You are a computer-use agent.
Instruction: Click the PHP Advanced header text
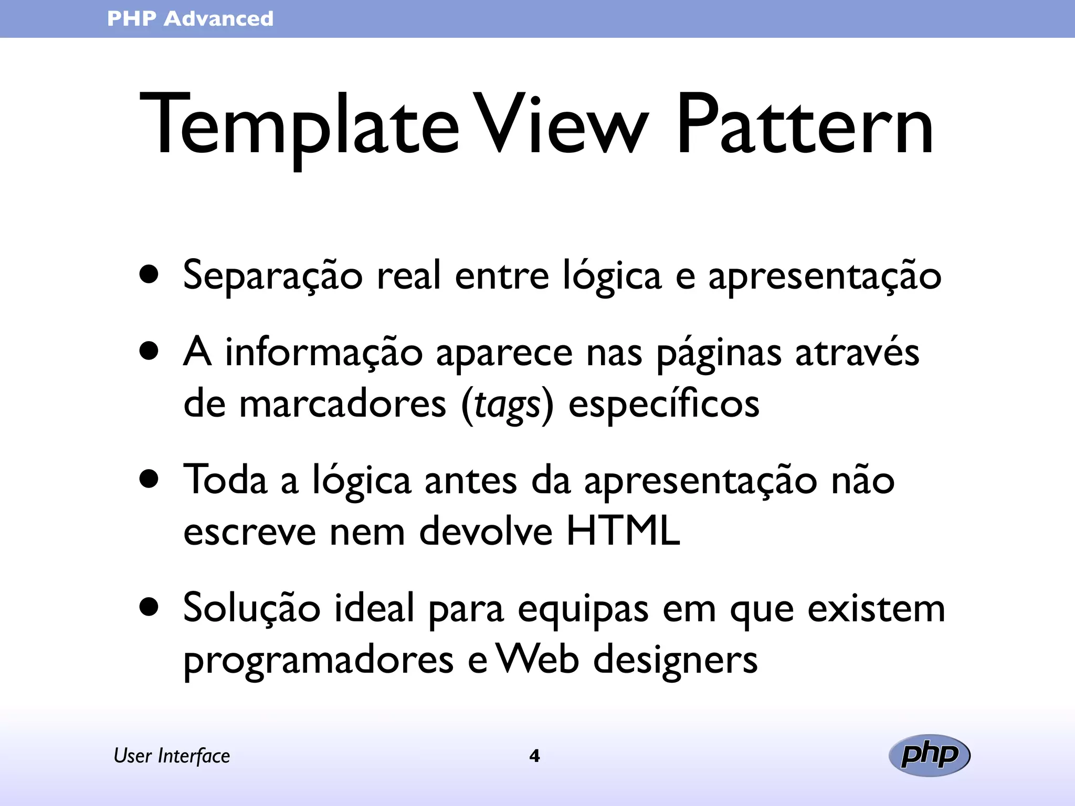190,19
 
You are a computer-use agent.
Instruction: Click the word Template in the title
299,126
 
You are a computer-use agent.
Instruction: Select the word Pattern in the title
805,126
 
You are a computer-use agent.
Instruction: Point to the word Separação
272,276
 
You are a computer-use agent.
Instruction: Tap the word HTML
623,532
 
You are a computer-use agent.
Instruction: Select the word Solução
251,609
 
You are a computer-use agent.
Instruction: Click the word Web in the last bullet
537,659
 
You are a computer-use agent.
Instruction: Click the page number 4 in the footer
534,756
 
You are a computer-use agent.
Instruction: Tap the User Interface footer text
172,756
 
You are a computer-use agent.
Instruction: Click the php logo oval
929,756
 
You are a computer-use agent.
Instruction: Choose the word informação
324,353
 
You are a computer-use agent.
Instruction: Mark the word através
857,353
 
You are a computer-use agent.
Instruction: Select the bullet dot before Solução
150,607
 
